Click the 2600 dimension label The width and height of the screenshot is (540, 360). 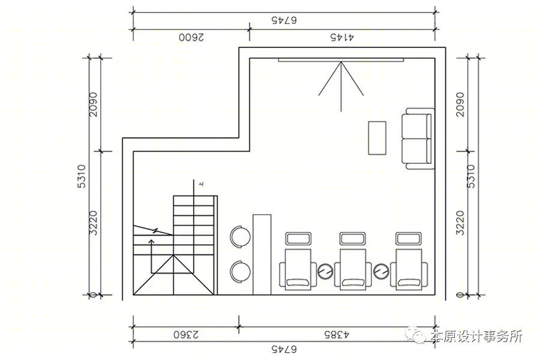191,37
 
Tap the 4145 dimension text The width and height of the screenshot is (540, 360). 343,37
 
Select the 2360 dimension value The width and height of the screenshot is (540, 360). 186,334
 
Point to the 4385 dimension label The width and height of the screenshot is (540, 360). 337,334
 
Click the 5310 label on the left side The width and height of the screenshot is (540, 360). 82,176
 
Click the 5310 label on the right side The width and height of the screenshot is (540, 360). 471,176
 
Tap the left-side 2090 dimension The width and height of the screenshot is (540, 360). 94,104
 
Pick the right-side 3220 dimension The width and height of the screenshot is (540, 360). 460,223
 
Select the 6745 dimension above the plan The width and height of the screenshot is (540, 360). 284,20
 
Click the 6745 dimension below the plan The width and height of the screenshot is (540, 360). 284,349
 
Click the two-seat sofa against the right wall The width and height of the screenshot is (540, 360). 418,139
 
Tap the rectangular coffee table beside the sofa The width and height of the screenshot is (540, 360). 377,138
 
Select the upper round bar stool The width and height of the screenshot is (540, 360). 241,236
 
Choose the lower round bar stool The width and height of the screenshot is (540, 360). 241,271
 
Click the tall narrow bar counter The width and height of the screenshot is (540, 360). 262,254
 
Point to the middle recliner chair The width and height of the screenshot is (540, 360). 353,269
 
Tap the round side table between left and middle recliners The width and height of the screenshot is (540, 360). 325,271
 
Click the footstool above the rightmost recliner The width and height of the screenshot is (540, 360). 409,238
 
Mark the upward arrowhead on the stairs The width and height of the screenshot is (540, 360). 151,241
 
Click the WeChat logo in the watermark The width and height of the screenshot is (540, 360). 416,334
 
